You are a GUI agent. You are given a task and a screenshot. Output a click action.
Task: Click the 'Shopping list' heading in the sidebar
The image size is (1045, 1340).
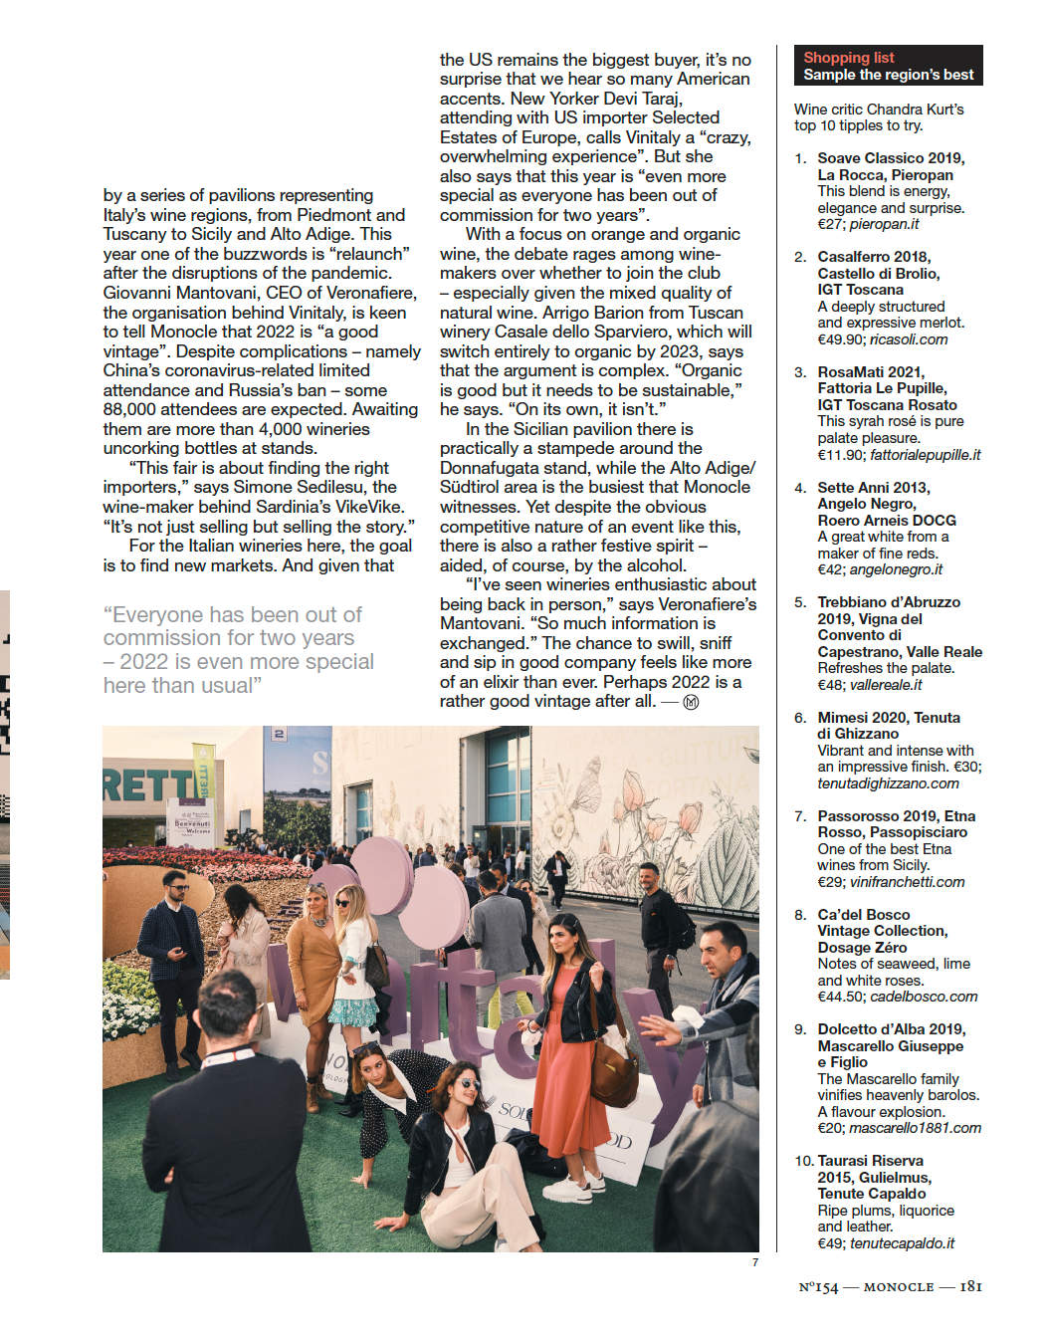(848, 58)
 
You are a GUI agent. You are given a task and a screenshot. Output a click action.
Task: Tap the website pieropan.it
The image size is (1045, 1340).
(885, 224)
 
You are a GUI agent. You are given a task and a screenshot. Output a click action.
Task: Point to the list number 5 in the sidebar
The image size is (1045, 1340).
(800, 602)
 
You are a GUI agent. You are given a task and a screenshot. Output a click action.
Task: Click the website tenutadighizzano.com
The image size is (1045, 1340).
(888, 783)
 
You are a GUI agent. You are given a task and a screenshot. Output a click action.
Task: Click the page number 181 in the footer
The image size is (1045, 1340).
(970, 1286)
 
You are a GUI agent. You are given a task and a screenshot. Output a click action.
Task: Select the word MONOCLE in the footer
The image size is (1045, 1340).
(899, 1287)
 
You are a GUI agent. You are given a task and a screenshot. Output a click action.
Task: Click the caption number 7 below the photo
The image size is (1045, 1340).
(754, 1262)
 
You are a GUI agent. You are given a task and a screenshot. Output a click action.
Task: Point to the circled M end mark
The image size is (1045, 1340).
(692, 702)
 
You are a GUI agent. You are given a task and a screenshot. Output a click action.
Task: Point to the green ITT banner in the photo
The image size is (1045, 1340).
(203, 771)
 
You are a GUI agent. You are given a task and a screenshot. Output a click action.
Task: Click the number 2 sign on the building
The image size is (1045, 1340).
(279, 735)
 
